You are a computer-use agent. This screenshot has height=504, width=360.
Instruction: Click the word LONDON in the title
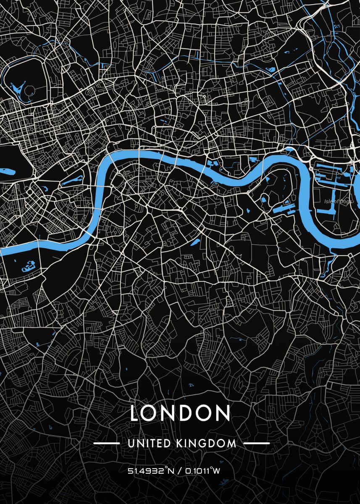[x=180, y=413]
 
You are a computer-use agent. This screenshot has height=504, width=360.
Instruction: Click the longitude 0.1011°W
[x=201, y=471]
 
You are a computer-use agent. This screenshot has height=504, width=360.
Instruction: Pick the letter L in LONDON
[x=135, y=413]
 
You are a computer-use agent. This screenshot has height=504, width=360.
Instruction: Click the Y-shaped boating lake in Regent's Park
[x=18, y=88]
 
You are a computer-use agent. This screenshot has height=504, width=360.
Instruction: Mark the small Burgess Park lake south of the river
[x=196, y=242]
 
